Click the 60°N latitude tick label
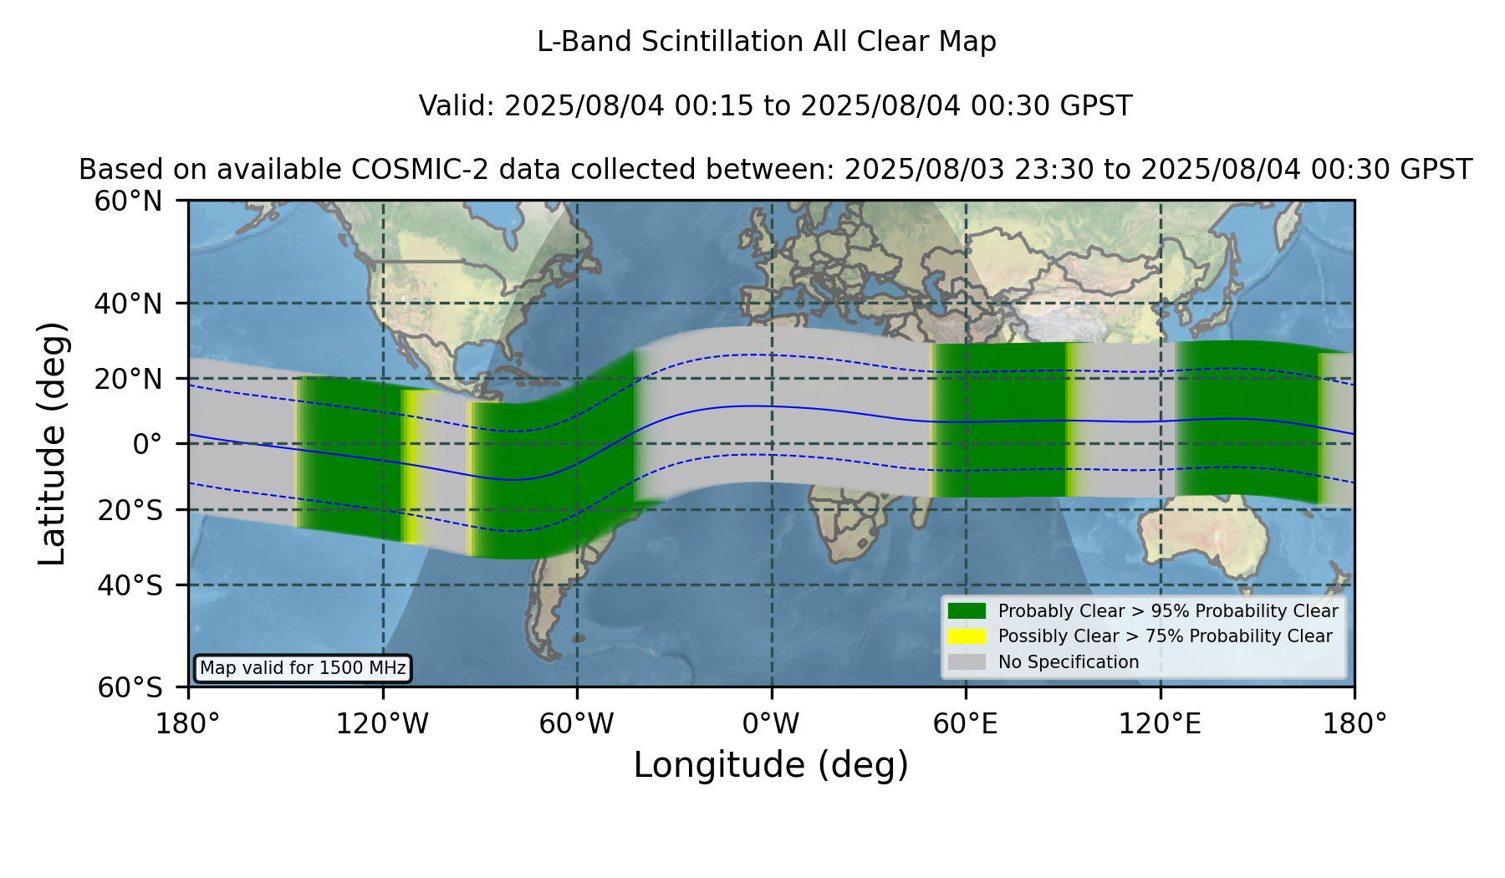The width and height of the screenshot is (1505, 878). click(x=128, y=202)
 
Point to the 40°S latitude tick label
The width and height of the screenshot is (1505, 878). click(x=130, y=585)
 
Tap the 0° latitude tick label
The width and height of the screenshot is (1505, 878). click(x=147, y=444)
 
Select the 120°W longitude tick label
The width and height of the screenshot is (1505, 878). click(x=382, y=724)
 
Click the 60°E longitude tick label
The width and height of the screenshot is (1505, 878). click(x=966, y=724)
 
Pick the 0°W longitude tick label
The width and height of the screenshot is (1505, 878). click(x=771, y=724)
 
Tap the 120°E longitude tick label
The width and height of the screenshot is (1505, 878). click(x=1160, y=724)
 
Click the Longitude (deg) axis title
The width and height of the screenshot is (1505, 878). click(x=771, y=765)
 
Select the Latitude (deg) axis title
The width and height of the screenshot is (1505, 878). click(x=53, y=443)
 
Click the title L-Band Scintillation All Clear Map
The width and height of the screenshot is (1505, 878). click(x=767, y=42)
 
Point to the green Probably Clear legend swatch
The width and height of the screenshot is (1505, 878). click(x=967, y=611)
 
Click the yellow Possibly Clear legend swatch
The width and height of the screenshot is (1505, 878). click(x=967, y=636)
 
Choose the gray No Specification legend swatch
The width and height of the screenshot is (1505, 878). click(x=967, y=662)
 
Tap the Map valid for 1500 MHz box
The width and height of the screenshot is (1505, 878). click(x=303, y=668)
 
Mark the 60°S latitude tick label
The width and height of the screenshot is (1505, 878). click(x=130, y=688)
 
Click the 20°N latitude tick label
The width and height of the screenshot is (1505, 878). click(x=128, y=379)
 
